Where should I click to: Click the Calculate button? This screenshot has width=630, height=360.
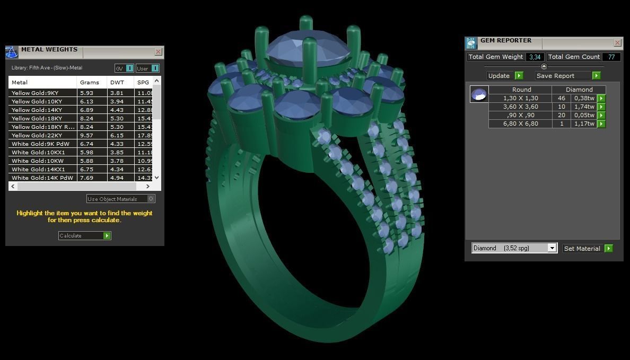84,235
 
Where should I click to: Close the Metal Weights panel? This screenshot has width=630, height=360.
158,51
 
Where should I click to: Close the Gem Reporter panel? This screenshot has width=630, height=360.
617,42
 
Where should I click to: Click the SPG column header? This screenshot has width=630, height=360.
143,82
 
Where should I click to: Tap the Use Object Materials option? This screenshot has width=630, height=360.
121,199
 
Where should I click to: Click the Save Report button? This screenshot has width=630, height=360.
567,75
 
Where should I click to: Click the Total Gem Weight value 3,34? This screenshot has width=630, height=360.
535,57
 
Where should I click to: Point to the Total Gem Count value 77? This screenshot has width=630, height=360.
611,57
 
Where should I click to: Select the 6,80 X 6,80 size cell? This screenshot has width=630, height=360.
520,124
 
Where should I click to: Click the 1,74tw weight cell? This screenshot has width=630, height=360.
584,107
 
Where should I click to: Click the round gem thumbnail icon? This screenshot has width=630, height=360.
479,94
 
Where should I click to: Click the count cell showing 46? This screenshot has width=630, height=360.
561,98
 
